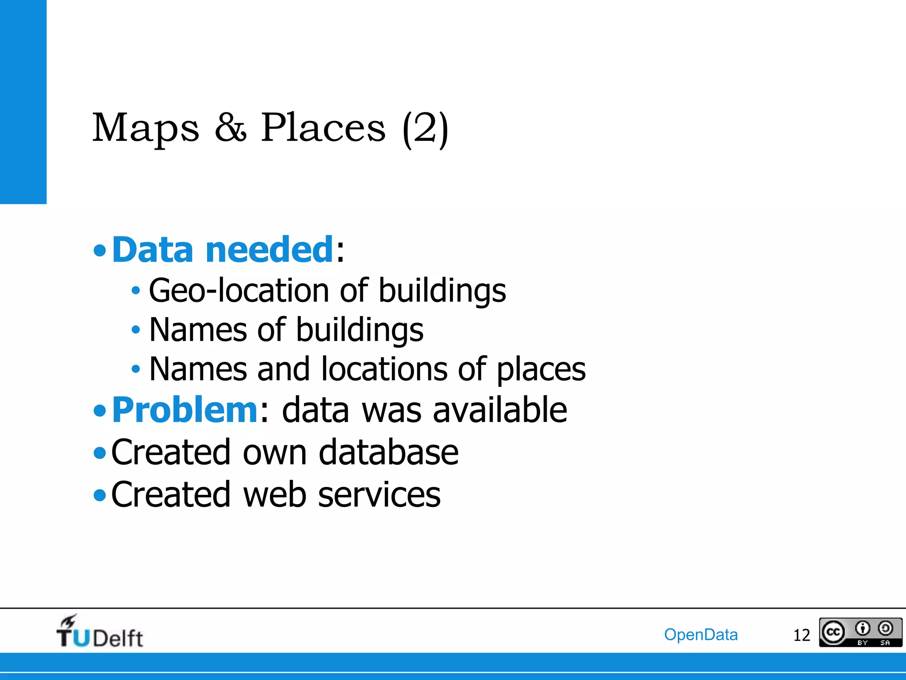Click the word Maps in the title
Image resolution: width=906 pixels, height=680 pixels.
(146, 128)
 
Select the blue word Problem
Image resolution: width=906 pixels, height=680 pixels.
(184, 410)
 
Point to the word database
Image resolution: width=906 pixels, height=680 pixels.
(388, 452)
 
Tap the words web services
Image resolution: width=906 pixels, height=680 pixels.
(342, 495)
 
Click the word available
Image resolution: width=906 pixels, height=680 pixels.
(500, 410)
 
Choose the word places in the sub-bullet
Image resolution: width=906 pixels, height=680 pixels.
(541, 370)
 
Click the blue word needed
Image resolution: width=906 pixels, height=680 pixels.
(269, 250)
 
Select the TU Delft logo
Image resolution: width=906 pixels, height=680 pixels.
(100, 632)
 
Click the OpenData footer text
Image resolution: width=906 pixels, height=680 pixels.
(701, 634)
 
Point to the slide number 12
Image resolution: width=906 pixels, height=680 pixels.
(801, 635)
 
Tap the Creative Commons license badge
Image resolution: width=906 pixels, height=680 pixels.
(860, 632)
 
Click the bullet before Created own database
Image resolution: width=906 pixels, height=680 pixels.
(100, 453)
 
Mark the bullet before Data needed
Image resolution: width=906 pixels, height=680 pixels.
(100, 251)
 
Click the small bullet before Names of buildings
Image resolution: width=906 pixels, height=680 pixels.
(136, 330)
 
